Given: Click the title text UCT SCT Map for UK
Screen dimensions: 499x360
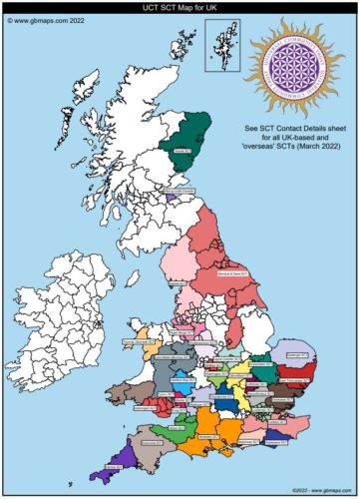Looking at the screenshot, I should pos(180,7).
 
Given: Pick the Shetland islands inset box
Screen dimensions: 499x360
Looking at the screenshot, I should pos(222,45).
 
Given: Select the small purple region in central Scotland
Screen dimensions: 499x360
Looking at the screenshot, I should pos(171,198).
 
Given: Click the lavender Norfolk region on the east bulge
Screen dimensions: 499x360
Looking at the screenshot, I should pos(298,354).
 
